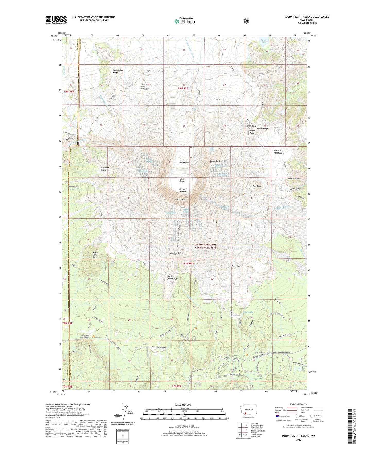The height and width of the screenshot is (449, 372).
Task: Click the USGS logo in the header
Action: coord(56,20)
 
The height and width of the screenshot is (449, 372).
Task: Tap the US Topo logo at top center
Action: coord(184,21)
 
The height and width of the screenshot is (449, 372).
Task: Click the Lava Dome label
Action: coord(182,180)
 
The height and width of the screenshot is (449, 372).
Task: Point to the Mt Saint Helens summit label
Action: coord(183,190)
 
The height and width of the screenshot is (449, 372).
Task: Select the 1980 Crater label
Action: coord(180,200)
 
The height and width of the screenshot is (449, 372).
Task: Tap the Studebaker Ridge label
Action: coord(118,71)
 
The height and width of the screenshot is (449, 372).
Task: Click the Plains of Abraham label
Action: coord(278,152)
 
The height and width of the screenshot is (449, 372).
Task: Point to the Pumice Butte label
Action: coord(293,178)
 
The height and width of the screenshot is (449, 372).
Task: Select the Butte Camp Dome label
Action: coord(95,255)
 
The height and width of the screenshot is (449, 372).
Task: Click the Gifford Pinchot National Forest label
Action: coord(205,246)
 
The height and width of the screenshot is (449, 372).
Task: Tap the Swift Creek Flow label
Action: coord(173,277)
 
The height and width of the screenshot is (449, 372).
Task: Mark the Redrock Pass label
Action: coord(85,336)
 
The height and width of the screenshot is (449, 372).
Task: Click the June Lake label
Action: coord(248,312)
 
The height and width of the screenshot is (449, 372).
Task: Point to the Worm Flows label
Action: coord(236,266)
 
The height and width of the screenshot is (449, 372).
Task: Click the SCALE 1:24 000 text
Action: coord(183,405)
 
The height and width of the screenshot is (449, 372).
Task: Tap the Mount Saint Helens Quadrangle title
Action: coord(307,17)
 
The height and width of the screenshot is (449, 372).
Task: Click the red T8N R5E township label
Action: coord(188,263)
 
